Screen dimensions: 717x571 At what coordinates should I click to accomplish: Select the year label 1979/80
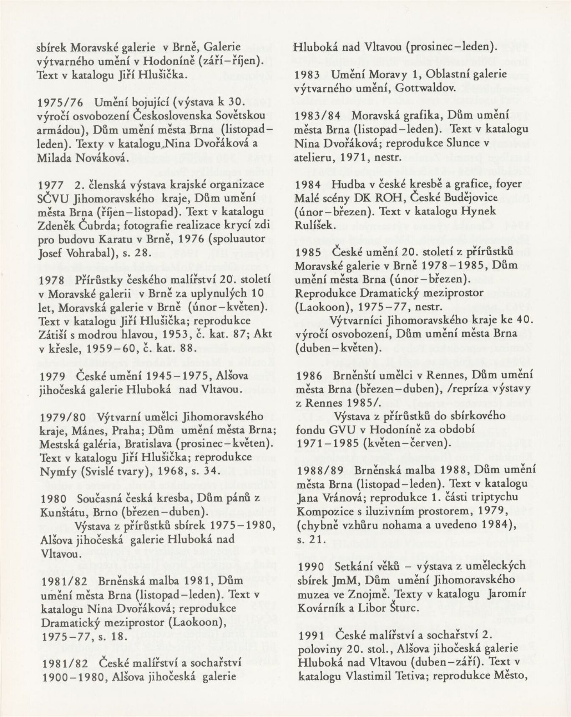pyautogui.click(x=60, y=417)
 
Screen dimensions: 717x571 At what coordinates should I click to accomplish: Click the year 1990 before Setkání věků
pyautogui.click(x=308, y=575)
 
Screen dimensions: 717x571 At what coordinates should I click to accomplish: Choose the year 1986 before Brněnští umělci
pyautogui.click(x=308, y=376)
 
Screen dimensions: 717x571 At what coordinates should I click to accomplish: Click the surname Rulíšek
pyautogui.click(x=313, y=225)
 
